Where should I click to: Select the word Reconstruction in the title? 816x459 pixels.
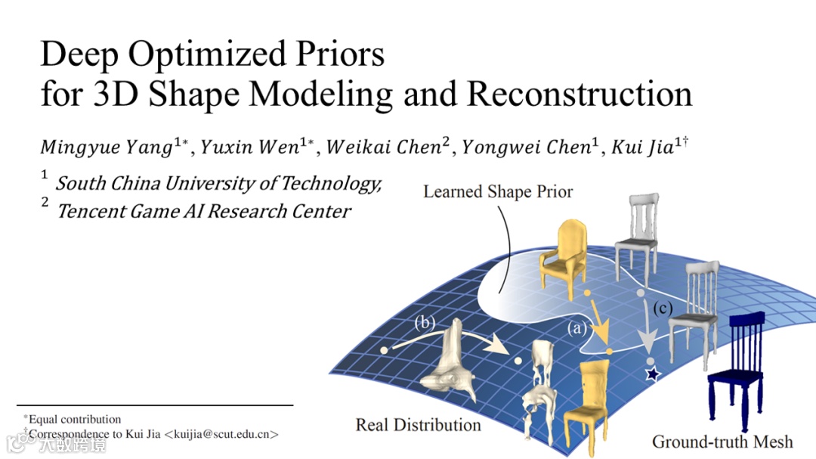580,94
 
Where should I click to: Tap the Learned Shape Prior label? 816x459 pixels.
498,191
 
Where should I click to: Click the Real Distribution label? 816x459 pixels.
418,425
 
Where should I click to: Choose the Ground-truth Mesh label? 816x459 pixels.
722,442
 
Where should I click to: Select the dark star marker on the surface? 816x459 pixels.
651,374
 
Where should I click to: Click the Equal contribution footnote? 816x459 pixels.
73,419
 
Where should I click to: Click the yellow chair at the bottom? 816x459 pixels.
587,398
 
